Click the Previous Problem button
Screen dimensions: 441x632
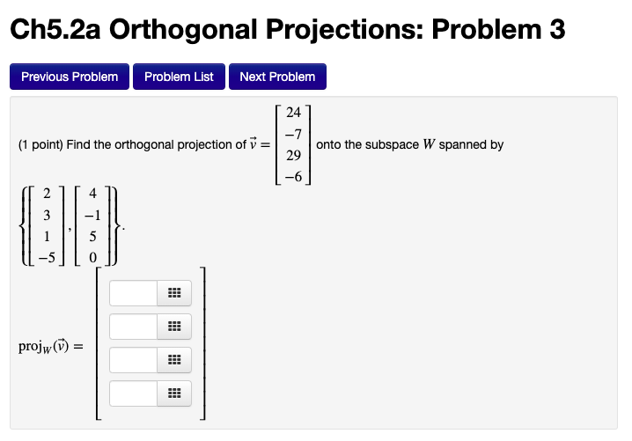click(x=70, y=77)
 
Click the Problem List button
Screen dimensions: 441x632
click(x=179, y=77)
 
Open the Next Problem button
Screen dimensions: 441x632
click(x=277, y=77)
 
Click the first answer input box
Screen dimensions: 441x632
click(x=134, y=293)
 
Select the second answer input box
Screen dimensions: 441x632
click(x=134, y=327)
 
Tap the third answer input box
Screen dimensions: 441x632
click(x=134, y=360)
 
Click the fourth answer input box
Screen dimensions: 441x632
click(x=134, y=393)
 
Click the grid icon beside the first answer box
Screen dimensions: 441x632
click(x=173, y=293)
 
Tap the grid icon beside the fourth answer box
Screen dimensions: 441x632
click(x=173, y=393)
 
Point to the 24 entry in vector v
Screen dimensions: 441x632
click(x=294, y=113)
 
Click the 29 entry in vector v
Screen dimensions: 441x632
click(x=294, y=155)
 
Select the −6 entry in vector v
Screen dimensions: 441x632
click(x=293, y=176)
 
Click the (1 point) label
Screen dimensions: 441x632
click(x=40, y=144)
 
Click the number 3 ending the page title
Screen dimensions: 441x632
click(x=555, y=30)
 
